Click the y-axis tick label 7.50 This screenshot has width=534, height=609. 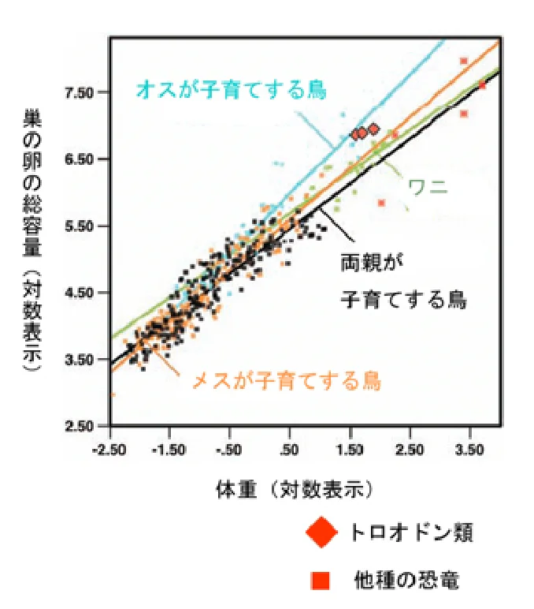coord(79,93)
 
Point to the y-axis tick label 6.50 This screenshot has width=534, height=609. coord(79,159)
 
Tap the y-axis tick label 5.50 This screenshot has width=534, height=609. coord(79,226)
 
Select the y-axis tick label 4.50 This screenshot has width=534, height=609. coord(79,293)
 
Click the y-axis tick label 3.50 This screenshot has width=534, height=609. coord(79,360)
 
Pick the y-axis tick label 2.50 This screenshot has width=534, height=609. coord(79,427)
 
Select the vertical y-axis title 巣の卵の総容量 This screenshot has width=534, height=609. coord(33,181)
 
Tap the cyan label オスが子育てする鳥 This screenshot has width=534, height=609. coord(231,89)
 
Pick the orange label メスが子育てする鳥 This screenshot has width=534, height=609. coord(287,381)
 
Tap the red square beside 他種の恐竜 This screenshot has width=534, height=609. coord(320,581)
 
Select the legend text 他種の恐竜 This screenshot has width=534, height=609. coord(406,581)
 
